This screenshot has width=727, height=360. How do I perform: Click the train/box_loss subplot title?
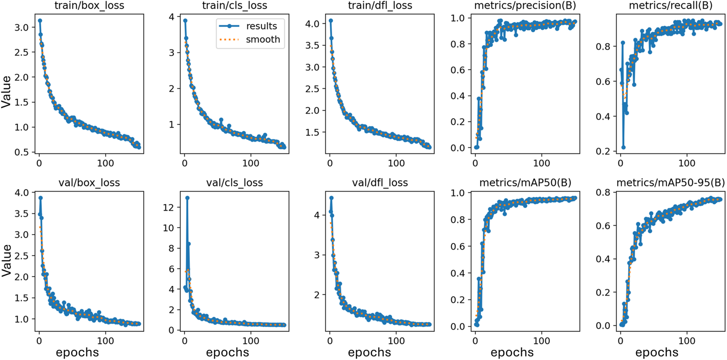tap(89, 6)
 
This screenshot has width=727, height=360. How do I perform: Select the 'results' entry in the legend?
tap(261, 26)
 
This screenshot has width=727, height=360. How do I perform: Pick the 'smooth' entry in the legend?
tap(263, 40)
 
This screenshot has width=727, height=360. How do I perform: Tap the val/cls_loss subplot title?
tap(234, 182)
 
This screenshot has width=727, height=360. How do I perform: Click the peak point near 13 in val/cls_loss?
tap(187, 198)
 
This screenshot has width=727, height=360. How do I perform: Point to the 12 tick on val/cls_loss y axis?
tap(168, 207)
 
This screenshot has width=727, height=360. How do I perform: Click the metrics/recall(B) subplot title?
tap(670, 6)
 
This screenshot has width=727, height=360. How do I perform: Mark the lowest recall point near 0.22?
tap(623, 147)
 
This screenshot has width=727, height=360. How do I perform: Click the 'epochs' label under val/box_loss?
tap(77, 353)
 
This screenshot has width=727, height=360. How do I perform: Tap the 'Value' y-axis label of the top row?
tap(6, 92)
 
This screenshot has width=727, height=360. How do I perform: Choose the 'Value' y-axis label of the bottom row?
tap(6, 260)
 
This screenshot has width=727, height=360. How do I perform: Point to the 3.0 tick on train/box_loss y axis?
tap(22, 27)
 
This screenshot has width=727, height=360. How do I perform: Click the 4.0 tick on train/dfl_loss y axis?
tap(312, 24)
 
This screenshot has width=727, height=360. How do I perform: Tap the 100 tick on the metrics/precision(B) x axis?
tap(542, 163)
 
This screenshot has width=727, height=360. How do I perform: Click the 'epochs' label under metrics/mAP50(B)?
tap(512, 353)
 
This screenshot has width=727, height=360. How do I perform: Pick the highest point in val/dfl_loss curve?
tap(331, 198)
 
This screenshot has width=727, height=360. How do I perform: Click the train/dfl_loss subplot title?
tap(380, 6)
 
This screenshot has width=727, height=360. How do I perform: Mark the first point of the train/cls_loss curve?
tap(185, 21)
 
